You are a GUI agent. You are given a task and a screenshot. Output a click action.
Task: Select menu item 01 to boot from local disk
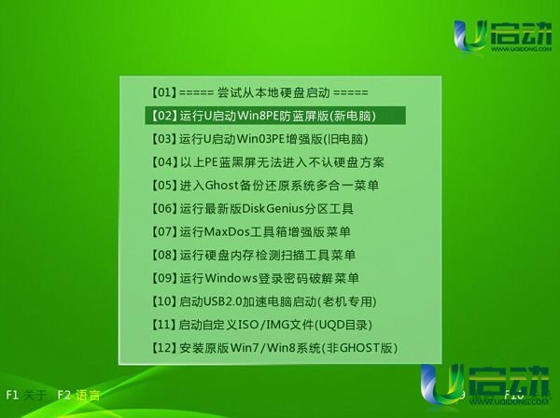pyautogui.click(x=259, y=92)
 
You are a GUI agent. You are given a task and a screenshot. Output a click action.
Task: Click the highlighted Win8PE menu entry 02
pyautogui.click(x=275, y=116)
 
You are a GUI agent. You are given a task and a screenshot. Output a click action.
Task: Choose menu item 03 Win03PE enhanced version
pyautogui.click(x=259, y=139)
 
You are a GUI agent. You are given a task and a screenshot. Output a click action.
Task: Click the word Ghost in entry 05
pyautogui.click(x=222, y=186)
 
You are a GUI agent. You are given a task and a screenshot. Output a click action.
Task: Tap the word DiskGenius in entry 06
pyautogui.click(x=273, y=208)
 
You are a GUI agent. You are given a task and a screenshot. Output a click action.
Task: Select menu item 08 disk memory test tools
pyautogui.click(x=253, y=255)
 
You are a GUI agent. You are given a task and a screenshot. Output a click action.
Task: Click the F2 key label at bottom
pyautogui.click(x=63, y=395)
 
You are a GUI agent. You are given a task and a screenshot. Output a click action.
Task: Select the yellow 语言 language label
pyautogui.click(x=88, y=396)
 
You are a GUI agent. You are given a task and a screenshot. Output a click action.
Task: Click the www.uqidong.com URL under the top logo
pyautogui.click(x=521, y=49)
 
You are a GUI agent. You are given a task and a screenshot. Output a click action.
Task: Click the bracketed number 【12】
pyautogui.click(x=163, y=348)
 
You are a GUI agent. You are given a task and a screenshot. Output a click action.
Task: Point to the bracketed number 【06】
pyautogui.click(x=163, y=208)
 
